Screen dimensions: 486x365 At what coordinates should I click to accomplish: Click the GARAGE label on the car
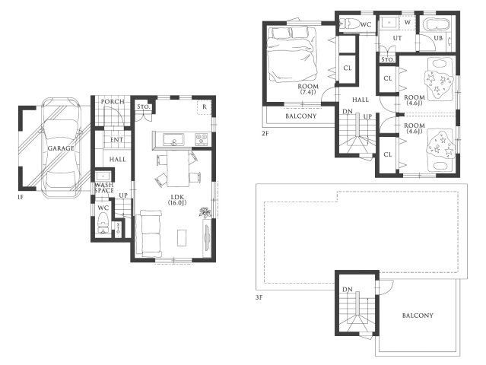(x=61, y=148)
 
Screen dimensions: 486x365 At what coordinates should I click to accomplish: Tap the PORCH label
(x=113, y=102)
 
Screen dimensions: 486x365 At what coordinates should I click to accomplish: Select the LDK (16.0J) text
(x=177, y=200)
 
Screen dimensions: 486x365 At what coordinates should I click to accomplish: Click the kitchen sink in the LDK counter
(x=173, y=139)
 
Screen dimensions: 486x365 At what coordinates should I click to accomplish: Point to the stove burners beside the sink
(x=201, y=139)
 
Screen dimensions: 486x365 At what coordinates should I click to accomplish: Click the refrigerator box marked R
(x=205, y=107)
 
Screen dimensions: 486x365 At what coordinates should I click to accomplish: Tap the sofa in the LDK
(x=151, y=233)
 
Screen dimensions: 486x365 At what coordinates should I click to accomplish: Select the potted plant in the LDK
(x=205, y=213)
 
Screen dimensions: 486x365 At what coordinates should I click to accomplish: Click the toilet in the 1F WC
(x=103, y=223)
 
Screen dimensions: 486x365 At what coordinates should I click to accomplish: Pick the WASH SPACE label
(x=104, y=188)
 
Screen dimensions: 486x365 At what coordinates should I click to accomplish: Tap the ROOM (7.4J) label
(x=308, y=89)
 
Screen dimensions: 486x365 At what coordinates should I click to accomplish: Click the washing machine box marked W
(x=408, y=23)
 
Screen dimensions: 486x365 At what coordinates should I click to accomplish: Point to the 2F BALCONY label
(x=301, y=116)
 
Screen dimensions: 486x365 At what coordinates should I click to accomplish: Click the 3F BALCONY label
(x=418, y=316)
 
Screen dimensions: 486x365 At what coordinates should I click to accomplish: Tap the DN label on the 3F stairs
(x=348, y=290)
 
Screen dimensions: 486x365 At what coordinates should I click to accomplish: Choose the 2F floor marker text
(x=265, y=134)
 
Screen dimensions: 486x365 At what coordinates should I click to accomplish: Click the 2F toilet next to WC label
(x=348, y=24)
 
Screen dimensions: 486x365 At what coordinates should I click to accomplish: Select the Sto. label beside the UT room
(x=387, y=59)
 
